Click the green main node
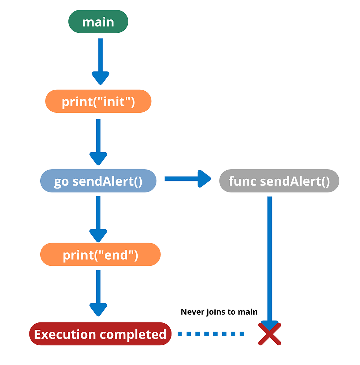point(98,22)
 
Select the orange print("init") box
point(98,101)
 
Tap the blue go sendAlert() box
point(98,181)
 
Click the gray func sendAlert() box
point(279,181)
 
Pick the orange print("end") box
point(100,254)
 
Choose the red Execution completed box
point(100,334)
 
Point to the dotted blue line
point(211,334)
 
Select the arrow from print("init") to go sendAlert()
point(98,141)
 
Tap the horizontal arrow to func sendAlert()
point(187,178)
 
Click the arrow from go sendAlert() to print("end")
point(98,218)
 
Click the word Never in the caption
point(192,312)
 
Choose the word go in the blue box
point(61,181)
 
